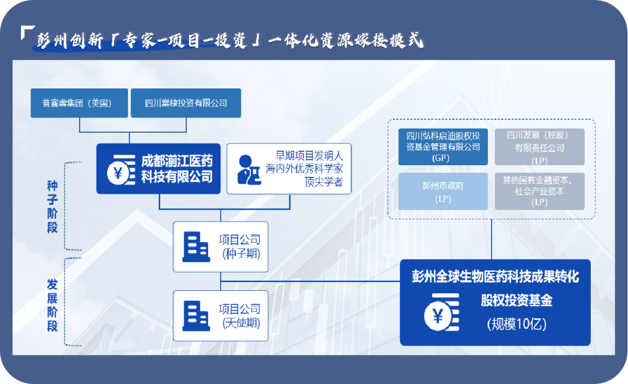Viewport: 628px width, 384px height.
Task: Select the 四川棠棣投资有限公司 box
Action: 185,103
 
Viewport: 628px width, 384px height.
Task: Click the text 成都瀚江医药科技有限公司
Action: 176,169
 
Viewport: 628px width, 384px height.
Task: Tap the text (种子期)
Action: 241,254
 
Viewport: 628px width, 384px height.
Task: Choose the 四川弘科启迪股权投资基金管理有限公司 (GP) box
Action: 443,147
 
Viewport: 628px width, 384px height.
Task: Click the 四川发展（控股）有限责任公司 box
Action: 540,147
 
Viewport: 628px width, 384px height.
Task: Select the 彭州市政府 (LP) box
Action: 443,191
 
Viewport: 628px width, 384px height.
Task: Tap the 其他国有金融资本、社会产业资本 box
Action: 540,191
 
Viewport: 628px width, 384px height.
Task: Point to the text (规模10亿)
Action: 517,324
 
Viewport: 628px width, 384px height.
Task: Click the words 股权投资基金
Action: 516,300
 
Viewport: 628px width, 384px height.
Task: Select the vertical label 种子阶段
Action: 52,206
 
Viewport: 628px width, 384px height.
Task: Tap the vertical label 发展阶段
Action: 52,305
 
